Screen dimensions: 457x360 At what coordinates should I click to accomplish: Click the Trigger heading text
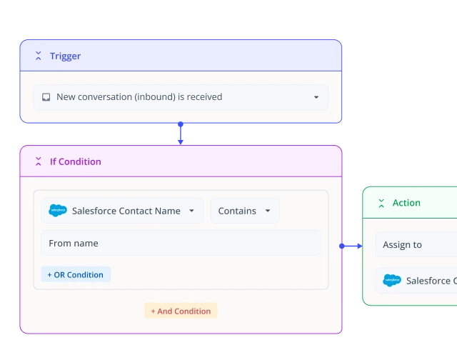[65, 56]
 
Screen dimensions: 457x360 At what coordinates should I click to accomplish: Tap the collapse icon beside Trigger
[38, 56]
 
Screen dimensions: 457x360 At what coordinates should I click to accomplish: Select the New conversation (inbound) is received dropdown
[181, 97]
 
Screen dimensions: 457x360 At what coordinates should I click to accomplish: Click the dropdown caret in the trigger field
[316, 97]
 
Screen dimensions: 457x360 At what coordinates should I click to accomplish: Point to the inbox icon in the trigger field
[46, 97]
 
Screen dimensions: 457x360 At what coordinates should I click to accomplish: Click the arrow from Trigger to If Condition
[181, 134]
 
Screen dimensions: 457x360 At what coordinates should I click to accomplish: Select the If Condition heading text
[76, 161]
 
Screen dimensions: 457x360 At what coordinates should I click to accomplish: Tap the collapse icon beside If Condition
[38, 161]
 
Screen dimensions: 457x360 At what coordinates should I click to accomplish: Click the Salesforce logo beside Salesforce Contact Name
[58, 211]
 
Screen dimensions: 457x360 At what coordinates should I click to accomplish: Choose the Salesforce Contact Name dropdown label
[126, 211]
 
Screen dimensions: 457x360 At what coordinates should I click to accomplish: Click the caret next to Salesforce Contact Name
[191, 211]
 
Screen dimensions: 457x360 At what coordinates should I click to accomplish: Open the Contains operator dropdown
[245, 211]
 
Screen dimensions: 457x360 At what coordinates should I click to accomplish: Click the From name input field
[181, 243]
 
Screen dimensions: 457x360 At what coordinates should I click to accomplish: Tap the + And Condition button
[181, 311]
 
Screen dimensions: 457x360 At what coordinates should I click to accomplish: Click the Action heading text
[406, 203]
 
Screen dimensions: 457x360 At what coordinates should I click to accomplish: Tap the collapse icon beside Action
[381, 203]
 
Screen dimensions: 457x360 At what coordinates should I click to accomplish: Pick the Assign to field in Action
[416, 244]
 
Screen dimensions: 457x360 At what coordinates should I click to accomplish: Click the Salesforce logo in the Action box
[392, 281]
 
